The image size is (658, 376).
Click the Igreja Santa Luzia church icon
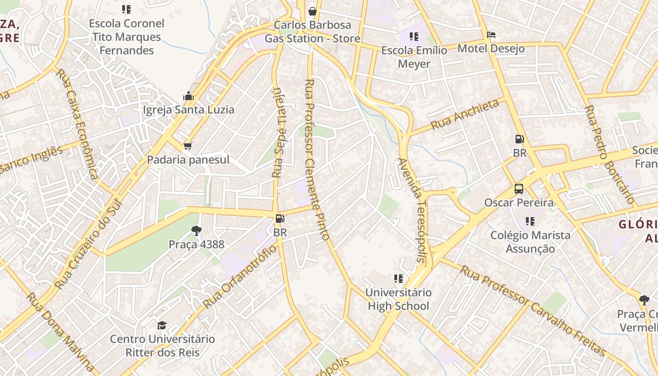pos(188,96)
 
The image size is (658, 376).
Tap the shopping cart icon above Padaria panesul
pos(188,146)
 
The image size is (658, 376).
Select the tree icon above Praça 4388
pos(196,231)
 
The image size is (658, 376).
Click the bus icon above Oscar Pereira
pos(519,189)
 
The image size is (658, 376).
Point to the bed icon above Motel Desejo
pos(491,35)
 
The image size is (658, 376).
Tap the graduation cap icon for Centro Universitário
pos(162,325)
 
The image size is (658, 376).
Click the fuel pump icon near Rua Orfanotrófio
pos(280,219)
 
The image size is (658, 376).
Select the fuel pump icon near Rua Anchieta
pos(519,139)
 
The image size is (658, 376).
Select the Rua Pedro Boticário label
pos(609,154)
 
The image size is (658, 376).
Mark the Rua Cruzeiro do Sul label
pos(88,244)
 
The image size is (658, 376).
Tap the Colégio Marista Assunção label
pos(530,242)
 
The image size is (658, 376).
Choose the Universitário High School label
pos(398,299)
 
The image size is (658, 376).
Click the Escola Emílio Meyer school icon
pos(414,36)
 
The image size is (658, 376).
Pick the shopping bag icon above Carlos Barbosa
pos(312,11)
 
